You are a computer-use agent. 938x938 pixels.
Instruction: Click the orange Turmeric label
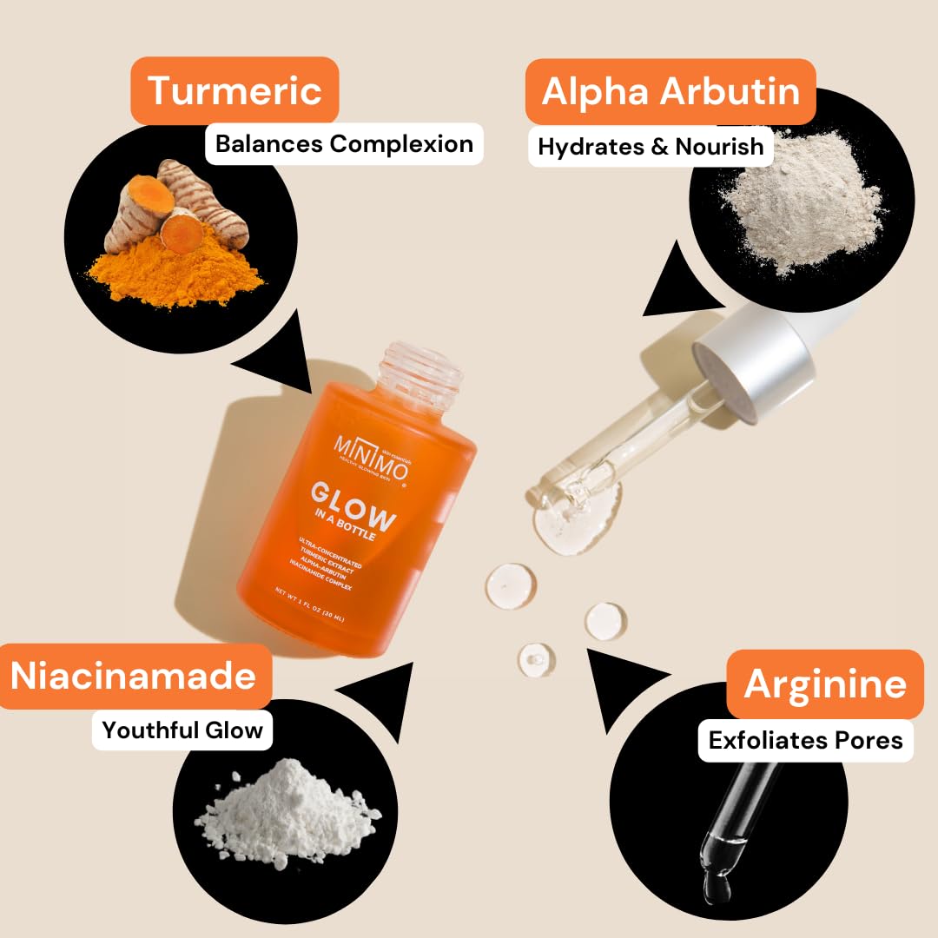pyautogui.click(x=234, y=90)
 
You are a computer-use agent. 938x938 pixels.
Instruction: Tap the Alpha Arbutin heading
pyautogui.click(x=670, y=91)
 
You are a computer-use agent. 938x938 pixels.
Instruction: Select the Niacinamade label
pyautogui.click(x=134, y=676)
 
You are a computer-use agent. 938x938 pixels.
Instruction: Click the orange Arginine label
pyautogui.click(x=824, y=684)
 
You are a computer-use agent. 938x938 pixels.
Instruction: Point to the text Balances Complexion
pyautogui.click(x=344, y=143)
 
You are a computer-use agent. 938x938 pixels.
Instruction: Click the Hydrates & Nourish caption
pyautogui.click(x=651, y=146)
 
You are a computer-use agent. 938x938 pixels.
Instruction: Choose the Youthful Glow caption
pyautogui.click(x=182, y=730)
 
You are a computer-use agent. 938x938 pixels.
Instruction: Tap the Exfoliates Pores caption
pyautogui.click(x=805, y=740)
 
